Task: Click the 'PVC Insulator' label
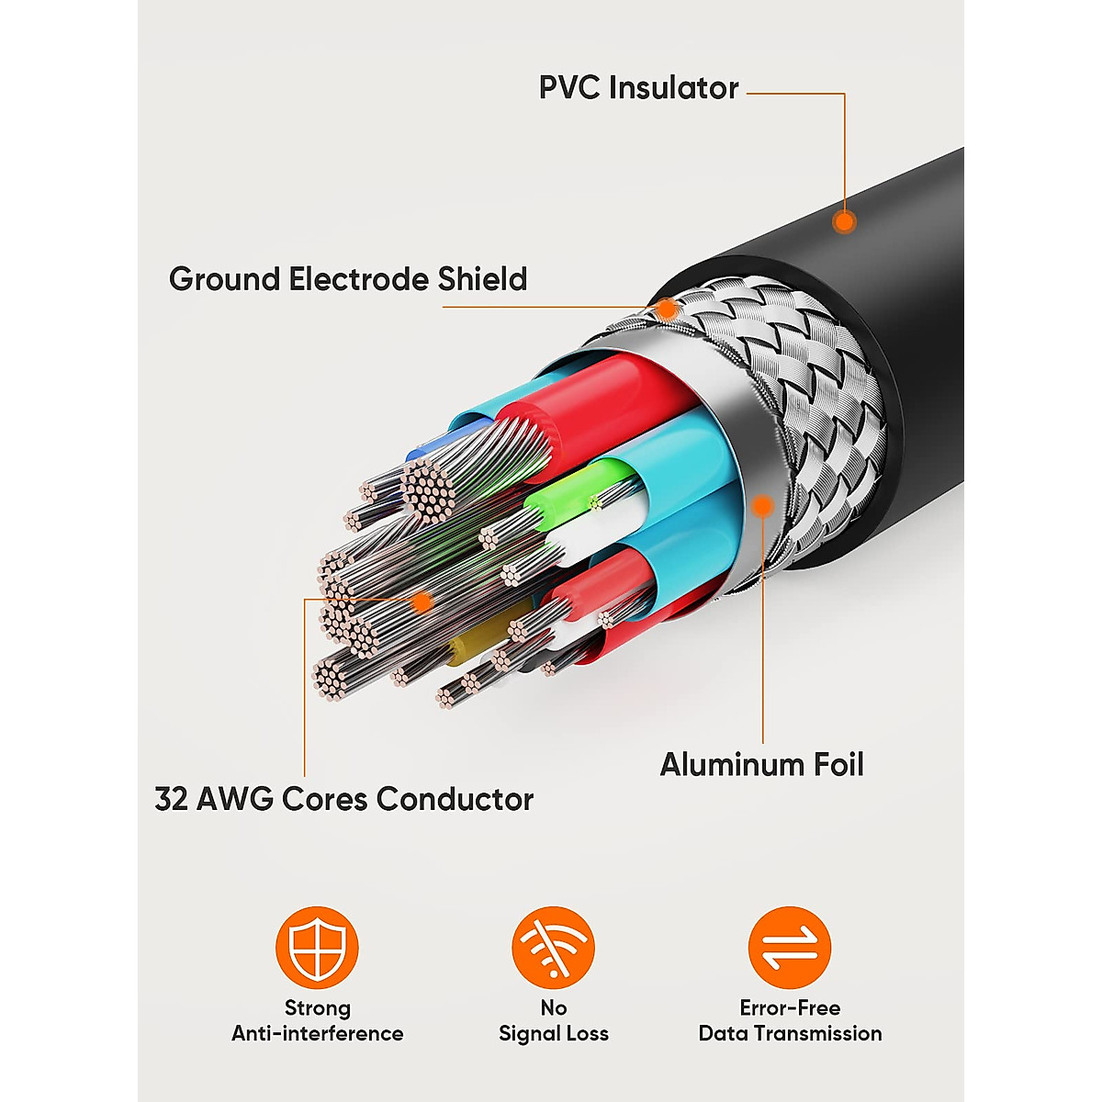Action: pos(638,88)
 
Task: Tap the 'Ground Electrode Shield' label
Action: pos(348,279)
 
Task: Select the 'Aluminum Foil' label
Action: pos(761,764)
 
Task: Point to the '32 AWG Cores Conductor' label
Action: pos(343,799)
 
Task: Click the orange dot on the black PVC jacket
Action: pos(844,221)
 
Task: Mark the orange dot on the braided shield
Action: pos(668,309)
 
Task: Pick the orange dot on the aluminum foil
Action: pos(761,505)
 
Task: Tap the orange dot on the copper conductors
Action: pos(422,602)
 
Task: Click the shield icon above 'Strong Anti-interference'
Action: pos(317,948)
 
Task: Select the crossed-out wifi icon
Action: pos(553,948)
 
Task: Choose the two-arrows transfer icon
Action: pos(790,948)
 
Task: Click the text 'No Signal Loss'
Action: pos(553,1020)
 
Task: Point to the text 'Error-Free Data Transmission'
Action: pos(790,1020)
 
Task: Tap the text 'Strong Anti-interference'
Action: pos(317,1020)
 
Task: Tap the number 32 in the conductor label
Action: pos(171,799)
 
